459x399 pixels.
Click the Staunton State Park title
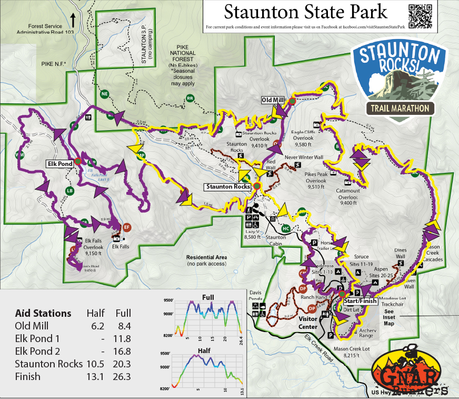pyautogui.click(x=305, y=12)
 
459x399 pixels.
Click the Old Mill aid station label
pyautogui.click(x=274, y=100)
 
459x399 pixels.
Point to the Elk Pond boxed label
pyautogui.click(x=58, y=164)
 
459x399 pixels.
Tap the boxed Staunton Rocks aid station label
pyautogui.click(x=228, y=187)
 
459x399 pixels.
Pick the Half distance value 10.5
pyautogui.click(x=95, y=364)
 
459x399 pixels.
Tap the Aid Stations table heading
pyautogui.click(x=43, y=314)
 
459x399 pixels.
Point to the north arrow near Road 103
pyautogui.click(x=73, y=18)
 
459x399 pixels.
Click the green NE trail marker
pyautogui.click(x=104, y=94)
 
